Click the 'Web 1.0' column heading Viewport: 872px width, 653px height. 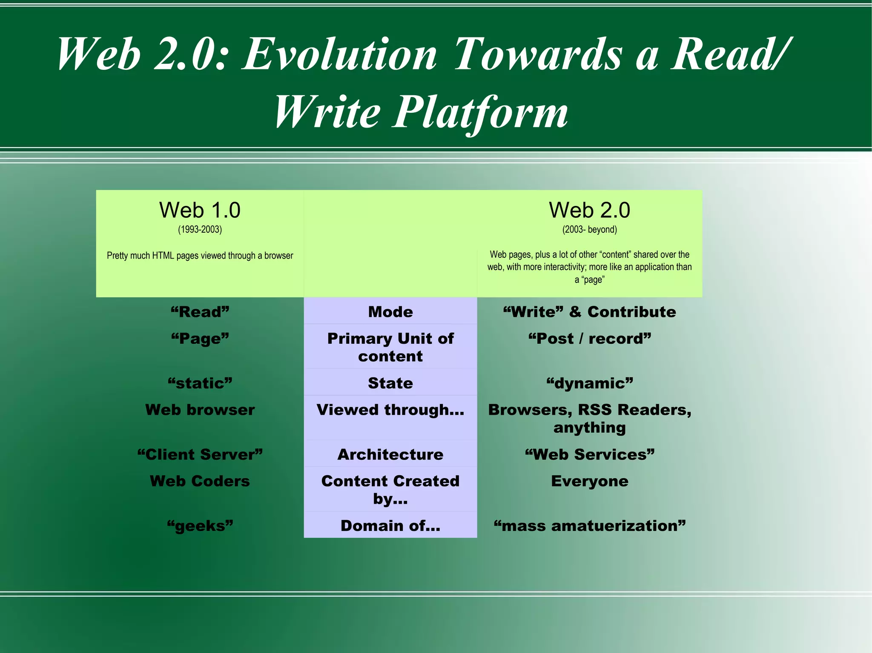(200, 210)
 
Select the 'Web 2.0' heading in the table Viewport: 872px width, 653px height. (589, 210)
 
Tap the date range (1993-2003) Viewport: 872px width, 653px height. (200, 230)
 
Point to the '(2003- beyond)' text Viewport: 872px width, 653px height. (589, 230)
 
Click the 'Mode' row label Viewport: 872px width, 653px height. (390, 312)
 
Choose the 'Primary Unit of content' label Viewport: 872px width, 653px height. (390, 347)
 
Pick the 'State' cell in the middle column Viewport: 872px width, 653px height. (390, 383)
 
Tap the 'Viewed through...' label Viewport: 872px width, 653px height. (390, 410)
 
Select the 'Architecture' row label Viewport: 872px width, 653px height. (390, 454)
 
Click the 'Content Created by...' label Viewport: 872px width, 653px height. (390, 489)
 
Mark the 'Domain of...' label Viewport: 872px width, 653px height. (390, 526)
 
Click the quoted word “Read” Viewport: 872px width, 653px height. (200, 312)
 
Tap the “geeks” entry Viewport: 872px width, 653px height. (200, 526)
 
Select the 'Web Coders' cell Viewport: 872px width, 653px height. (200, 481)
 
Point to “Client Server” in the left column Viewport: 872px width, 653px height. (200, 454)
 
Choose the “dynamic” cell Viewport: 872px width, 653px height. (589, 383)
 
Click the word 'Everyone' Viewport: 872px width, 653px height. (589, 481)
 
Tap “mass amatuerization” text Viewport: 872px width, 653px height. (589, 526)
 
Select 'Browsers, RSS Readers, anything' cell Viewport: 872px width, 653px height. (589, 418)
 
